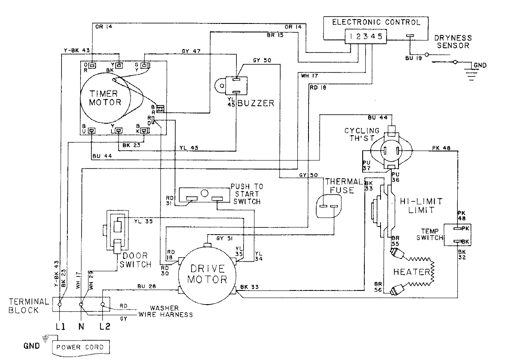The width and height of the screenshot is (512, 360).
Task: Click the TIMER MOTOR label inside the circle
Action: [105, 98]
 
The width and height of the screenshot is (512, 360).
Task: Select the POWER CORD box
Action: [80, 347]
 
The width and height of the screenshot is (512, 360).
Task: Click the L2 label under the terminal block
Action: [104, 328]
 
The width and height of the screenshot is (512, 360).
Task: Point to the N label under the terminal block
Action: [81, 328]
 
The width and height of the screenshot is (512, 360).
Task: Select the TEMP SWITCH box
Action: [456, 235]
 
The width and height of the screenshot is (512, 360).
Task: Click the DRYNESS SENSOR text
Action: [451, 41]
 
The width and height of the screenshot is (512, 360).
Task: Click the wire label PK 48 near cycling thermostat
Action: [440, 148]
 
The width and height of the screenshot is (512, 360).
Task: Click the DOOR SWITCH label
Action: [137, 260]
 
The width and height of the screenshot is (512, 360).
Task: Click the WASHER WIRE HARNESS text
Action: [164, 311]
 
